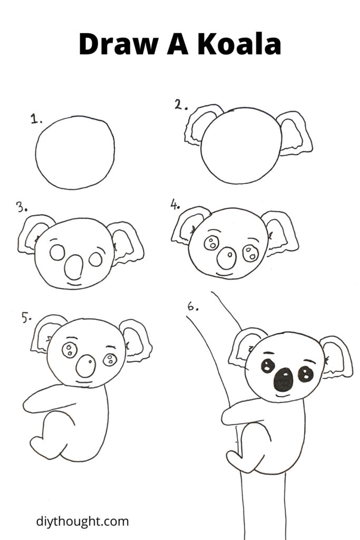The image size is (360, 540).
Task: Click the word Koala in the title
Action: [x=239, y=44]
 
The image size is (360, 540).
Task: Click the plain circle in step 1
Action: [x=75, y=152]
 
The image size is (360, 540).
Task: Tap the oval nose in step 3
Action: [x=74, y=267]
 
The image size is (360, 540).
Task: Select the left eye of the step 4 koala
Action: [x=211, y=243]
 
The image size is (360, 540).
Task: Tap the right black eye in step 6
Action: [x=305, y=374]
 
